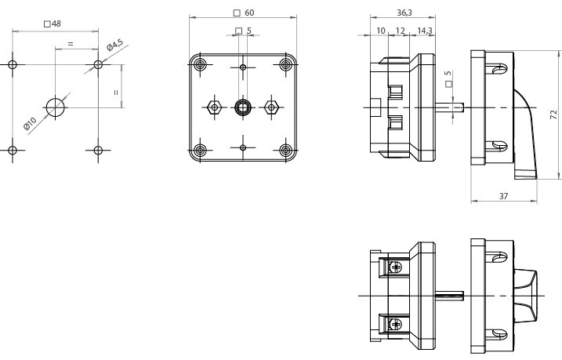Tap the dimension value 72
tap(553, 115)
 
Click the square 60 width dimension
tap(244, 13)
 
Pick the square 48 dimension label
tap(53, 24)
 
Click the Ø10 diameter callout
tap(29, 123)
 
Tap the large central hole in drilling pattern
tap(56, 107)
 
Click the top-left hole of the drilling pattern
tap(13, 64)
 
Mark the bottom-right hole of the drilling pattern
tap(98, 150)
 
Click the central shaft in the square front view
tap(243, 107)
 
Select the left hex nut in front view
tap(213, 107)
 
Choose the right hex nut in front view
tap(273, 107)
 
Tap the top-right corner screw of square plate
tap(285, 64)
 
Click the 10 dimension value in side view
tap(381, 31)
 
